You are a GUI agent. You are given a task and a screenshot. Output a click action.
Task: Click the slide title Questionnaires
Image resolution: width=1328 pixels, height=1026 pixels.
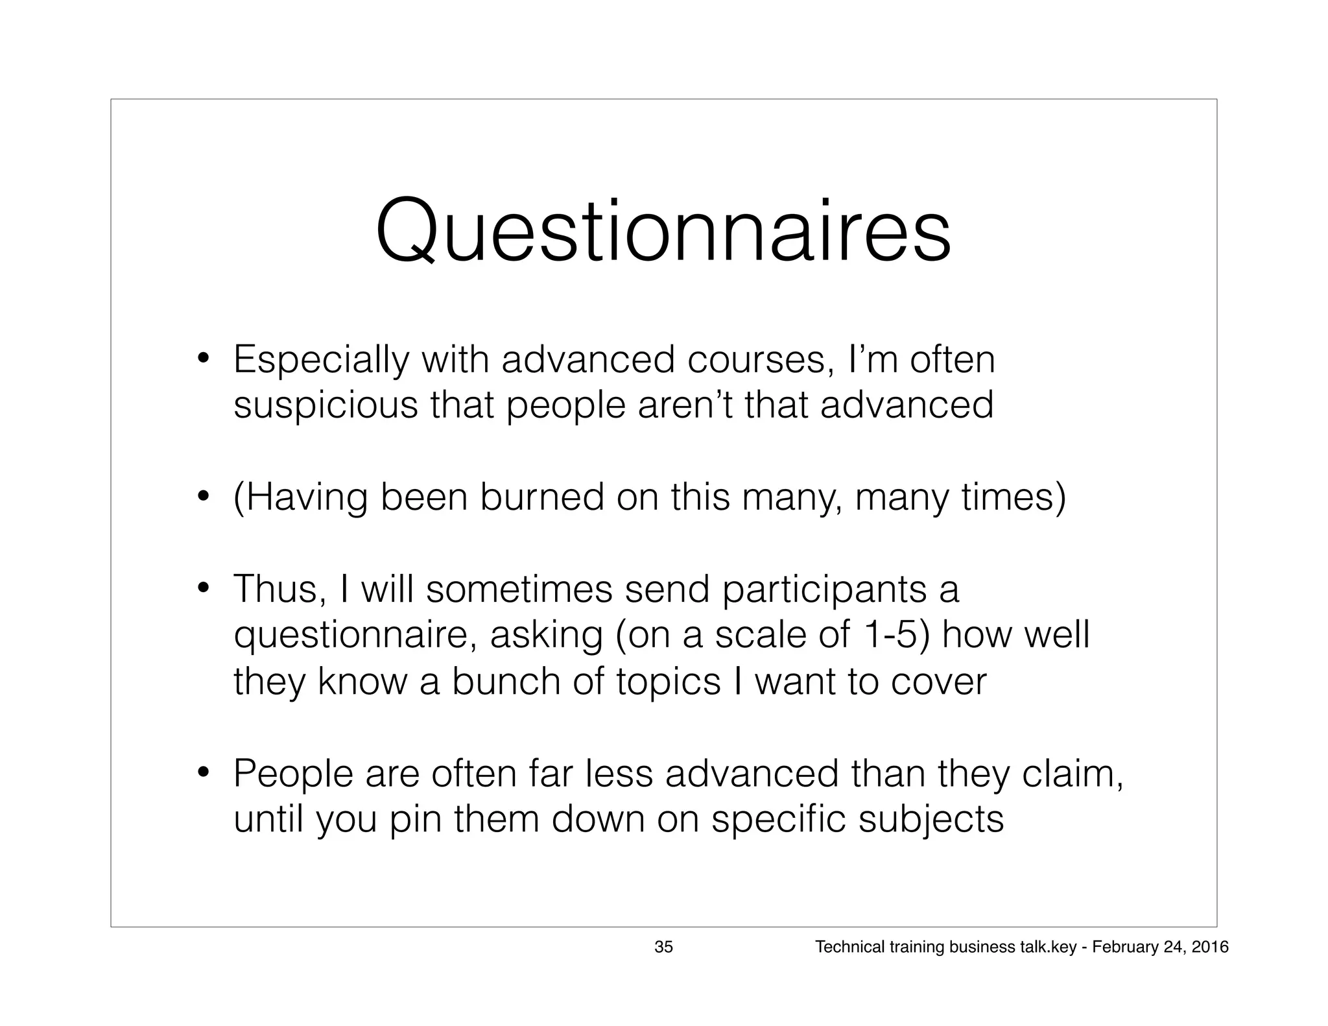[x=663, y=232]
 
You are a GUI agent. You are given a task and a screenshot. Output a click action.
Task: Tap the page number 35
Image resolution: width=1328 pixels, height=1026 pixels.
[x=663, y=947]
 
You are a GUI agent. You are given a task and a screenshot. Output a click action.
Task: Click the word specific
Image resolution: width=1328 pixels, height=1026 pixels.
[x=779, y=819]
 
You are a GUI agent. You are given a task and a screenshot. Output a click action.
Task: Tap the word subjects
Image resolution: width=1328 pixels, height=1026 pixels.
[x=931, y=820]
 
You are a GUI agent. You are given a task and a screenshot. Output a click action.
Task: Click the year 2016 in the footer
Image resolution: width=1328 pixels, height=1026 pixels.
[x=1210, y=947]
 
